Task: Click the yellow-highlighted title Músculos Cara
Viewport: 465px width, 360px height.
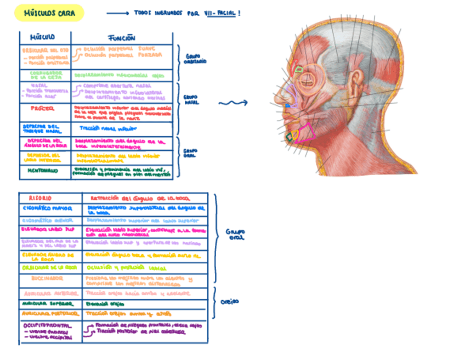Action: point(48,13)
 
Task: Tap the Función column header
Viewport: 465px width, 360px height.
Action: point(121,38)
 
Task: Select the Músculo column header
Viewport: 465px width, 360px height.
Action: point(42,37)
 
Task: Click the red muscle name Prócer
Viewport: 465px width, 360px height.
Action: point(43,109)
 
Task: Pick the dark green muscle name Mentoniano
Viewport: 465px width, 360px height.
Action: point(43,171)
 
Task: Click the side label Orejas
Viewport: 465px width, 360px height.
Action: point(229,302)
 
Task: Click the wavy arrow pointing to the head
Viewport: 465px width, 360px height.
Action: point(232,103)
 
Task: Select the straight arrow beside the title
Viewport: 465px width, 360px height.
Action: point(117,13)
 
